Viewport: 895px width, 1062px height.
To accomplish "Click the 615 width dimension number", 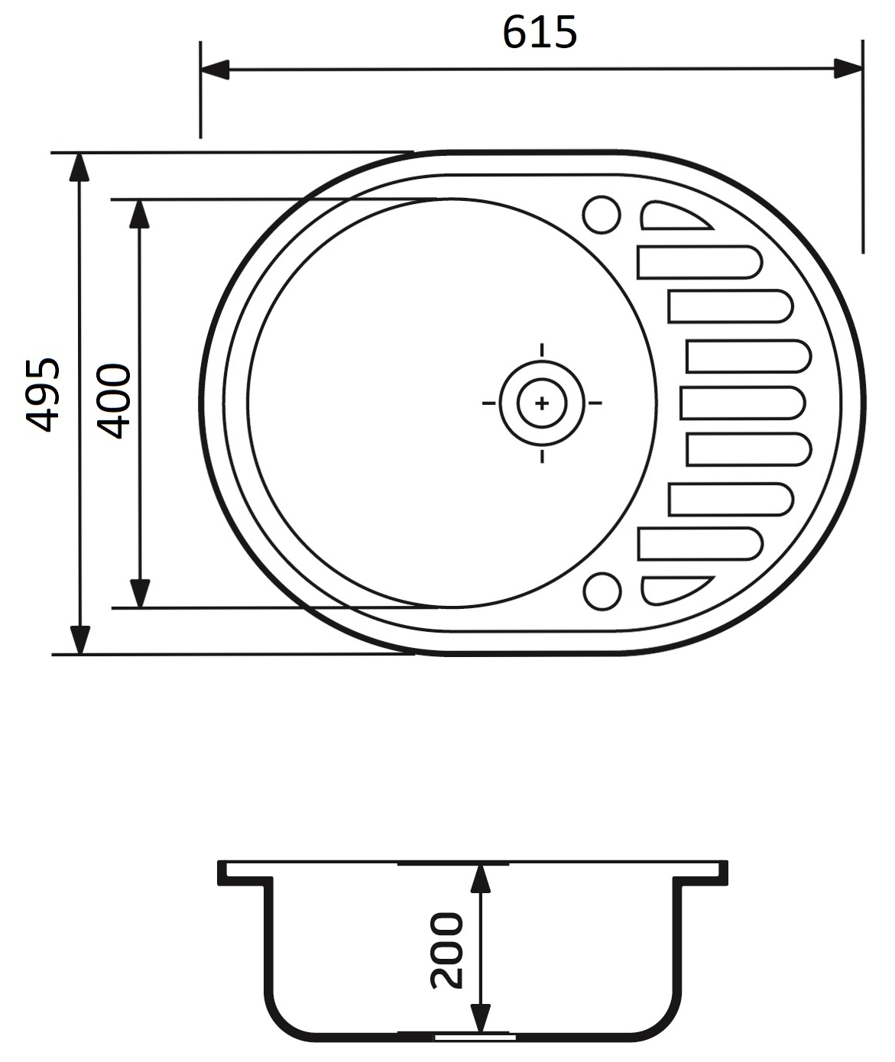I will click(x=540, y=34).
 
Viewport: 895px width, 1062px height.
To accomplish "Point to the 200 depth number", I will click(x=447, y=950).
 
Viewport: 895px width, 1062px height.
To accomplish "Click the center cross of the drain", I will click(x=542, y=403).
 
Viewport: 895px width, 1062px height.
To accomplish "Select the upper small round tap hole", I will click(x=602, y=215).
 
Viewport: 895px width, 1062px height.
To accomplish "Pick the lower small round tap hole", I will click(x=602, y=592).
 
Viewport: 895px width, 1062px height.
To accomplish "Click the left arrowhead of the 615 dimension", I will click(x=215, y=70).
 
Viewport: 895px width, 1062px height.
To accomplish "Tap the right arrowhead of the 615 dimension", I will click(x=848, y=69).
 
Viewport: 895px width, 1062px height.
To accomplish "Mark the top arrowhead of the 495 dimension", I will click(x=79, y=167).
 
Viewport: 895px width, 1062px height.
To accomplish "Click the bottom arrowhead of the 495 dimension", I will click(x=79, y=639).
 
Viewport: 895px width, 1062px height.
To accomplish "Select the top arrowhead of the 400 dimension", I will click(x=139, y=215).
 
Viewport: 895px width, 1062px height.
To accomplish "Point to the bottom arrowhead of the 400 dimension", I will click(x=139, y=593).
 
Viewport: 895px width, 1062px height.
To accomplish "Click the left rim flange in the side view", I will click(x=245, y=873).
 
